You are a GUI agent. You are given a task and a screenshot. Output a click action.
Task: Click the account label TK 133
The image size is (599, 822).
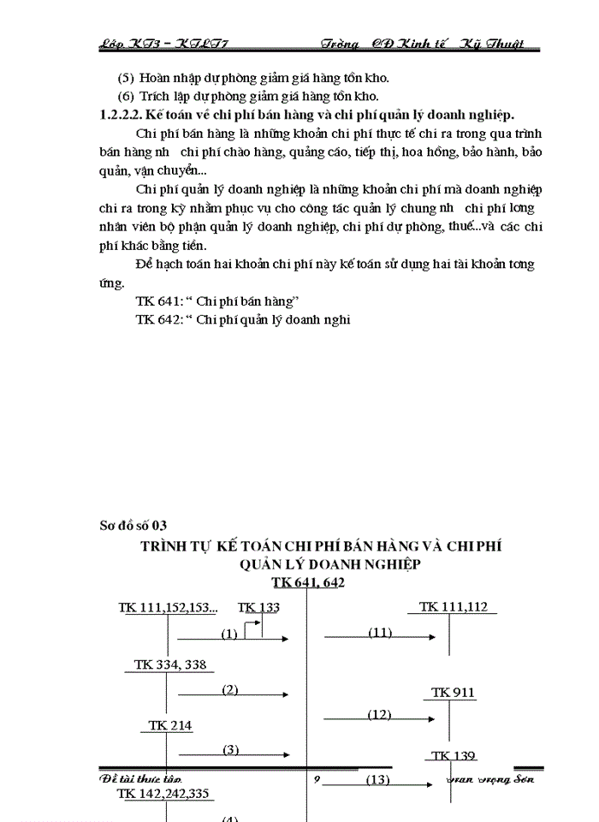pos(258,607)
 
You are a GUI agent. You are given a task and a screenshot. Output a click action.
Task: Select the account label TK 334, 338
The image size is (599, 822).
pos(170,664)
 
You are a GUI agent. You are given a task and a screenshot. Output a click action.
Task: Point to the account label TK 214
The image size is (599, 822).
pos(170,725)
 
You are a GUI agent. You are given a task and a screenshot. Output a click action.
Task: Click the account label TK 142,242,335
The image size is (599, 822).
pos(163,794)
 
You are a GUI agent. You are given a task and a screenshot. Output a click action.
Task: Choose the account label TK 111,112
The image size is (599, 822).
pos(453,606)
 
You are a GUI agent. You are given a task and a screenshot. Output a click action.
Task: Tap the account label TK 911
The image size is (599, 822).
pos(453,692)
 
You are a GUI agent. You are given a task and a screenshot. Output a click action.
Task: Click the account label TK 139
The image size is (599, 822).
pos(453,755)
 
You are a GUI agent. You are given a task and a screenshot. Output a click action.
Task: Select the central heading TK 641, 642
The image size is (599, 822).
pos(308,582)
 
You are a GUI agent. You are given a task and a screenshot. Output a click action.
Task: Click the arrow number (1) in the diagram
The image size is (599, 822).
pos(228,634)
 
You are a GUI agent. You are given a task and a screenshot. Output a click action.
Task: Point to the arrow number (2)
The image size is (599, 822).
pos(229,690)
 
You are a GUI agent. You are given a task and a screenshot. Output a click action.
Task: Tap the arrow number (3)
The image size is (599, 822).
pos(229,750)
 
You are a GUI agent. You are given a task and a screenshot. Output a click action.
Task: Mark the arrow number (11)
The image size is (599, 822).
pos(380,633)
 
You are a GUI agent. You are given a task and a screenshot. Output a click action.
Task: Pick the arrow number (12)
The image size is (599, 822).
pos(379,714)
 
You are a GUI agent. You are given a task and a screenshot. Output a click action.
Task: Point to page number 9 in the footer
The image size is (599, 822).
pos(316,778)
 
